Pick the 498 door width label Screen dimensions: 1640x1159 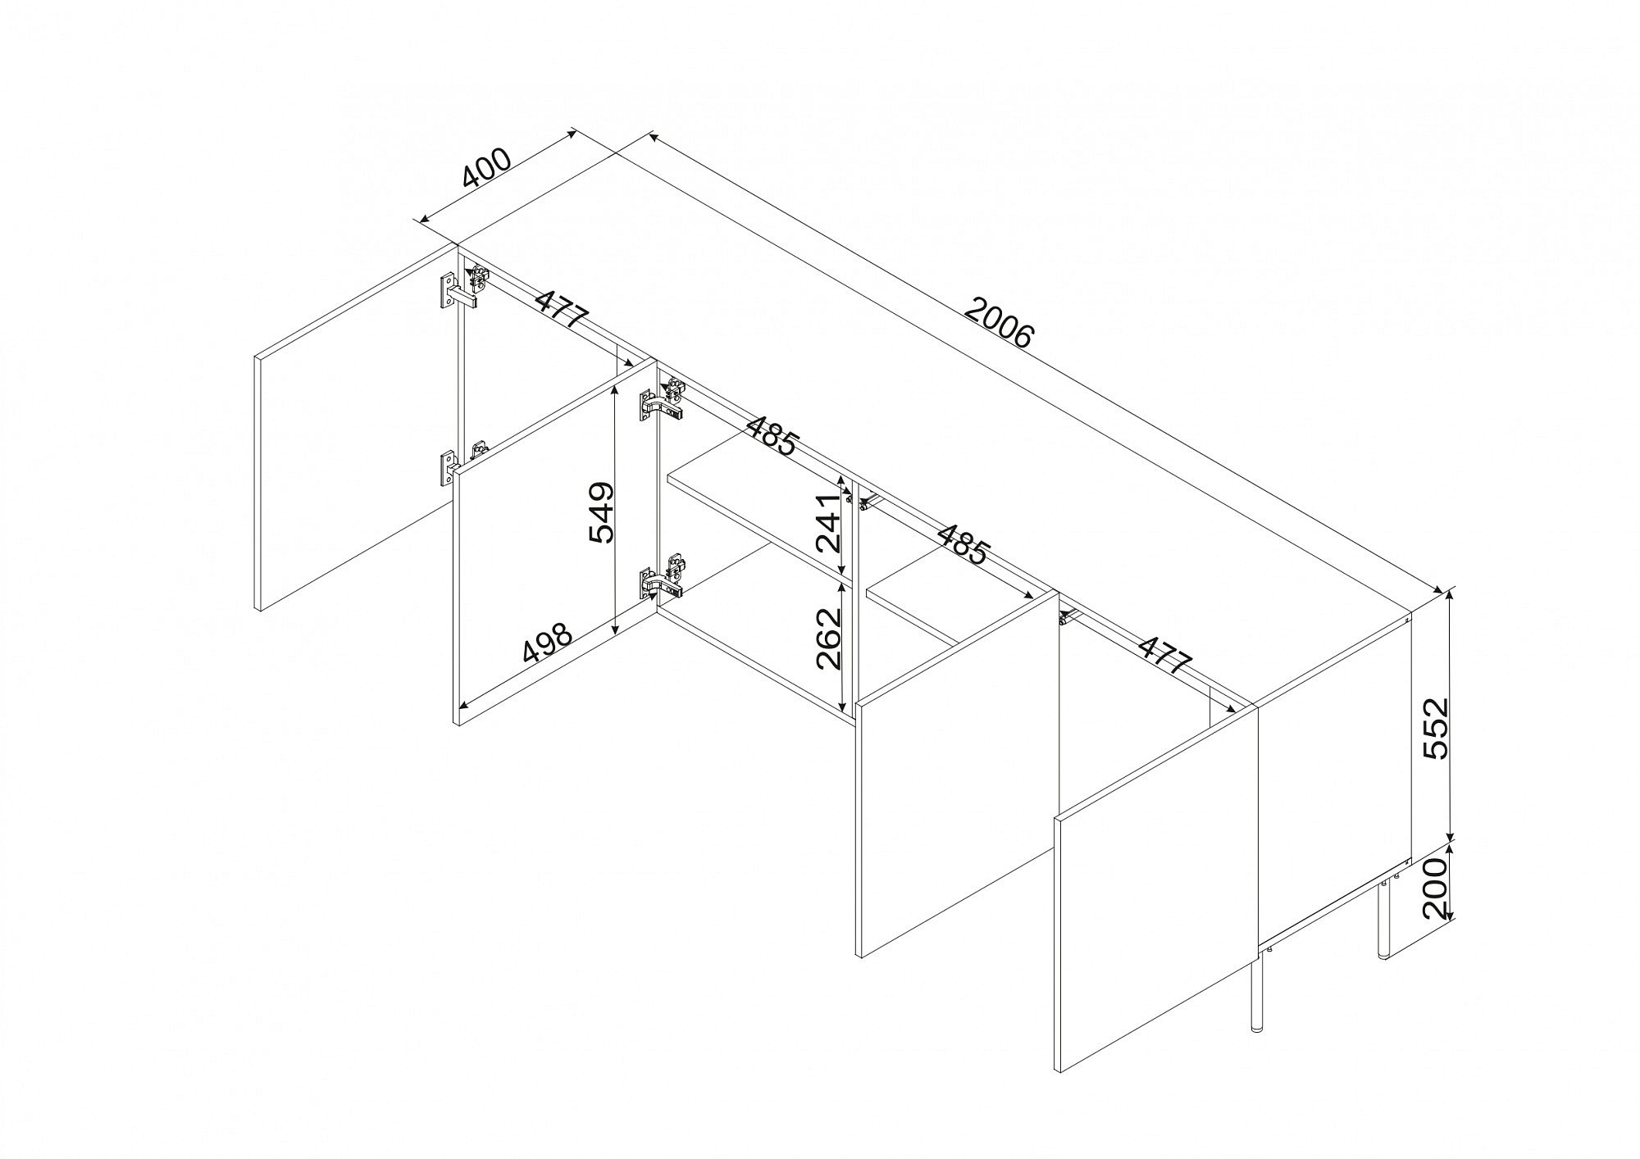(x=547, y=643)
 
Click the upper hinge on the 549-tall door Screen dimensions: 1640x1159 (x=663, y=399)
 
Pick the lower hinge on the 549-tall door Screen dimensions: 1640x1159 (x=663, y=577)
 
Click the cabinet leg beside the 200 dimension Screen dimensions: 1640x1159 (x=1383, y=919)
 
